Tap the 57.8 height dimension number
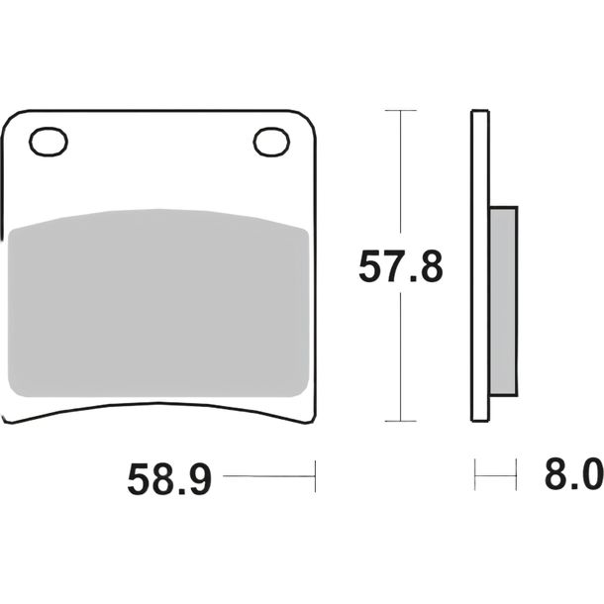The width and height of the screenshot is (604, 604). pyautogui.click(x=401, y=266)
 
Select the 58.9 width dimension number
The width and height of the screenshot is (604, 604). pyautogui.click(x=169, y=479)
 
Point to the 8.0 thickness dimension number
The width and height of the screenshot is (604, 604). pyautogui.click(x=574, y=474)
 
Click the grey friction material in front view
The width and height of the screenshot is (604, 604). pyautogui.click(x=158, y=303)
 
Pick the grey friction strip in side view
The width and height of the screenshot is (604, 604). pyautogui.click(x=503, y=301)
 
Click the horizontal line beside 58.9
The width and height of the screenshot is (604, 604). pyautogui.click(x=269, y=476)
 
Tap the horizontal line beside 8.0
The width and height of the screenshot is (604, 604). pyautogui.click(x=495, y=475)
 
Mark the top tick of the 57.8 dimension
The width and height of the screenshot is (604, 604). pyautogui.click(x=401, y=111)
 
